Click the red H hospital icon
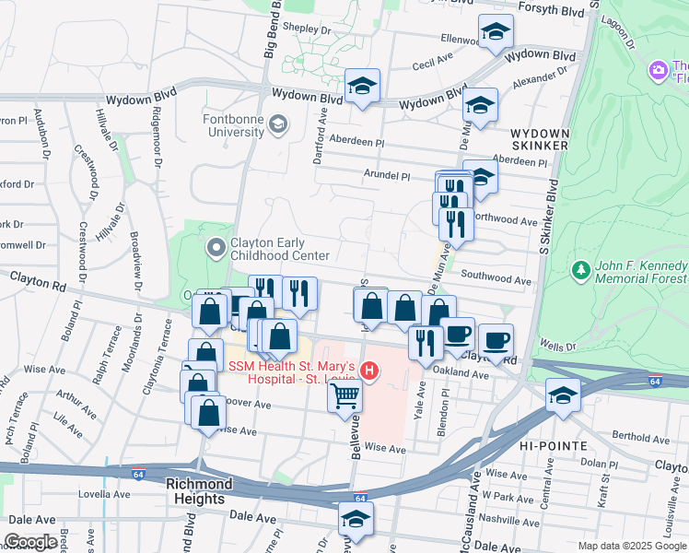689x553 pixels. [x=368, y=371]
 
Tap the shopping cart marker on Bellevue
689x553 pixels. [x=344, y=396]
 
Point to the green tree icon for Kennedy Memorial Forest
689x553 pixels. [x=580, y=270]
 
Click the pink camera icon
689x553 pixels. [x=658, y=69]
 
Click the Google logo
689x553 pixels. [x=30, y=542]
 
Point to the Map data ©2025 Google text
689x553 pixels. [x=632, y=546]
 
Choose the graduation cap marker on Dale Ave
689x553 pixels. [x=356, y=519]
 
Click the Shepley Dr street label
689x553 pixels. [x=307, y=29]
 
